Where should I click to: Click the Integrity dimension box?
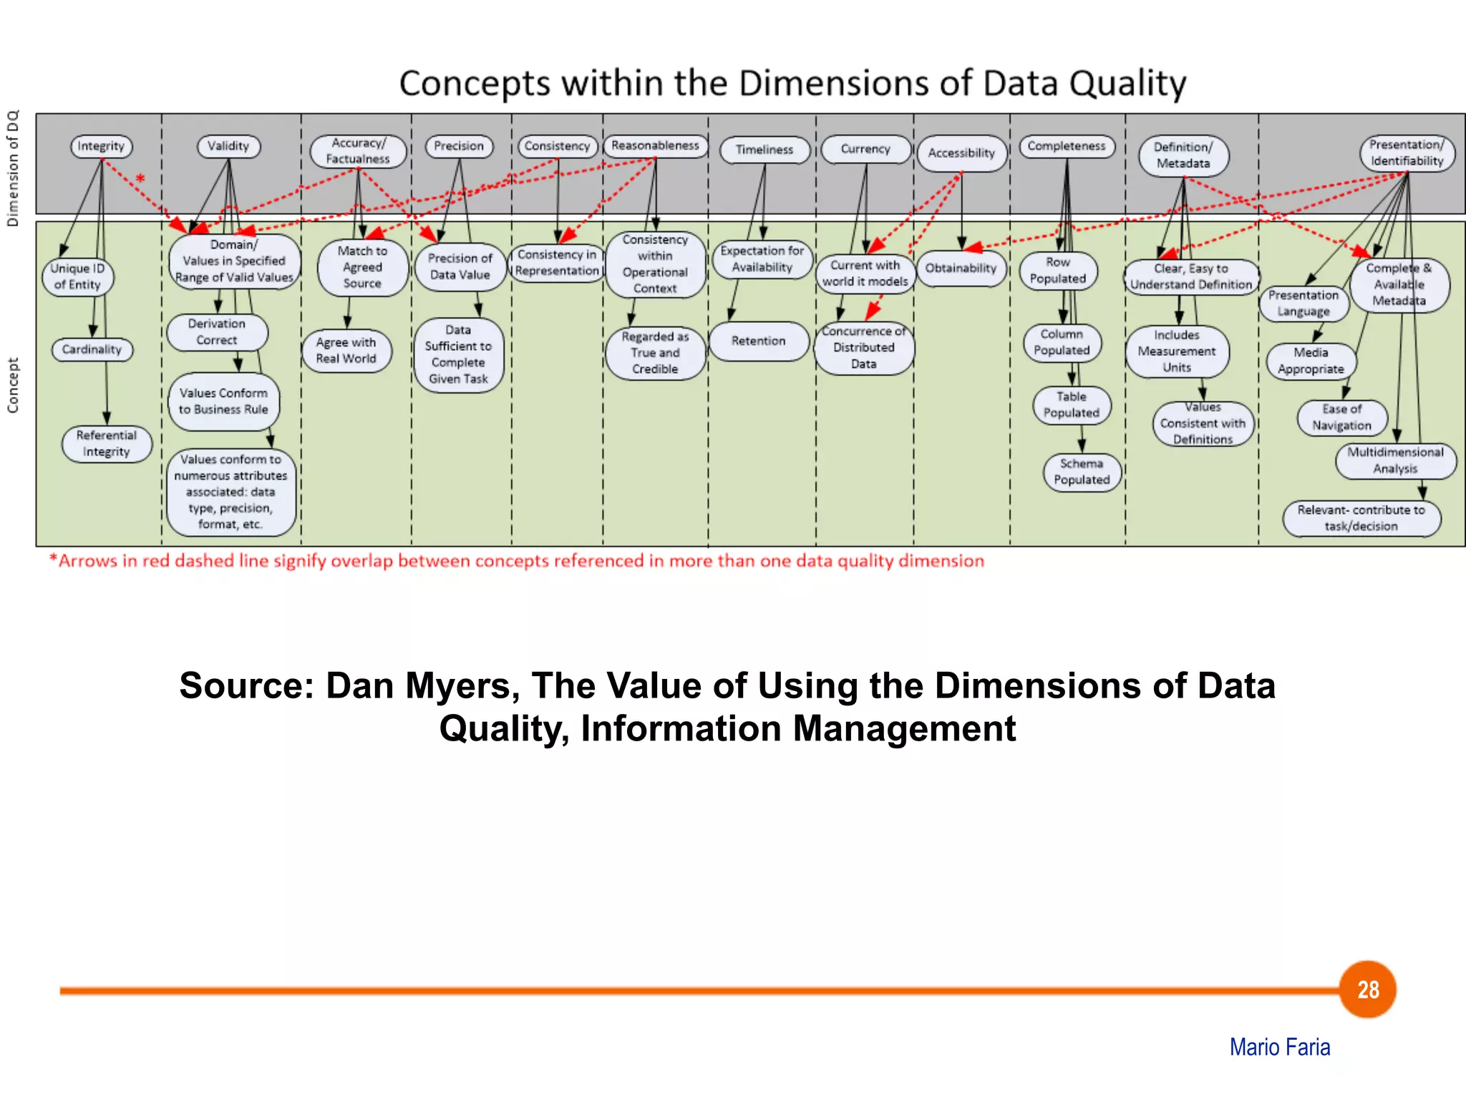(101, 146)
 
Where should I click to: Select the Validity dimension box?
(228, 146)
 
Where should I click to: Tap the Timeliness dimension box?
(764, 150)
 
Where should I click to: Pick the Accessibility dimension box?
(961, 153)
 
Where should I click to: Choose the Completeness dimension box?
(1066, 146)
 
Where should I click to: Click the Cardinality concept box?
(92, 349)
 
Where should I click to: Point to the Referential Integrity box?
(107, 443)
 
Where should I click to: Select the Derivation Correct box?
(217, 332)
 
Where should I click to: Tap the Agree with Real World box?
(346, 350)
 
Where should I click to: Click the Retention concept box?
(758, 341)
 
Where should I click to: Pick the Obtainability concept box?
(961, 268)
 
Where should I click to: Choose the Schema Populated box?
(1082, 472)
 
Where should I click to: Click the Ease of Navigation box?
(1341, 418)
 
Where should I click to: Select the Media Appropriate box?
(1311, 361)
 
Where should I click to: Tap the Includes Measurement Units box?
(1177, 351)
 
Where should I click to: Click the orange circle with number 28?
(1368, 989)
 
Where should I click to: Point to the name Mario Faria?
(1280, 1047)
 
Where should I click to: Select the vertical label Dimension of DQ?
(13, 168)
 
